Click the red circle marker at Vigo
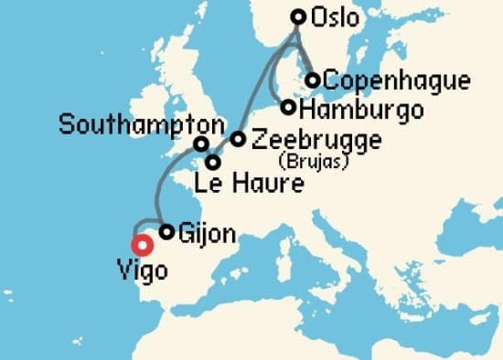click(142, 244)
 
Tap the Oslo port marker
click(297, 16)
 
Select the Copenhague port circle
click(313, 80)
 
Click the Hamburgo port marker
click(289, 108)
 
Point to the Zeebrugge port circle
click(238, 139)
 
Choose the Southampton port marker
click(200, 143)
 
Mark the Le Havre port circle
click(213, 163)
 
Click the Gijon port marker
click(166, 232)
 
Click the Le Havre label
click(249, 185)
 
